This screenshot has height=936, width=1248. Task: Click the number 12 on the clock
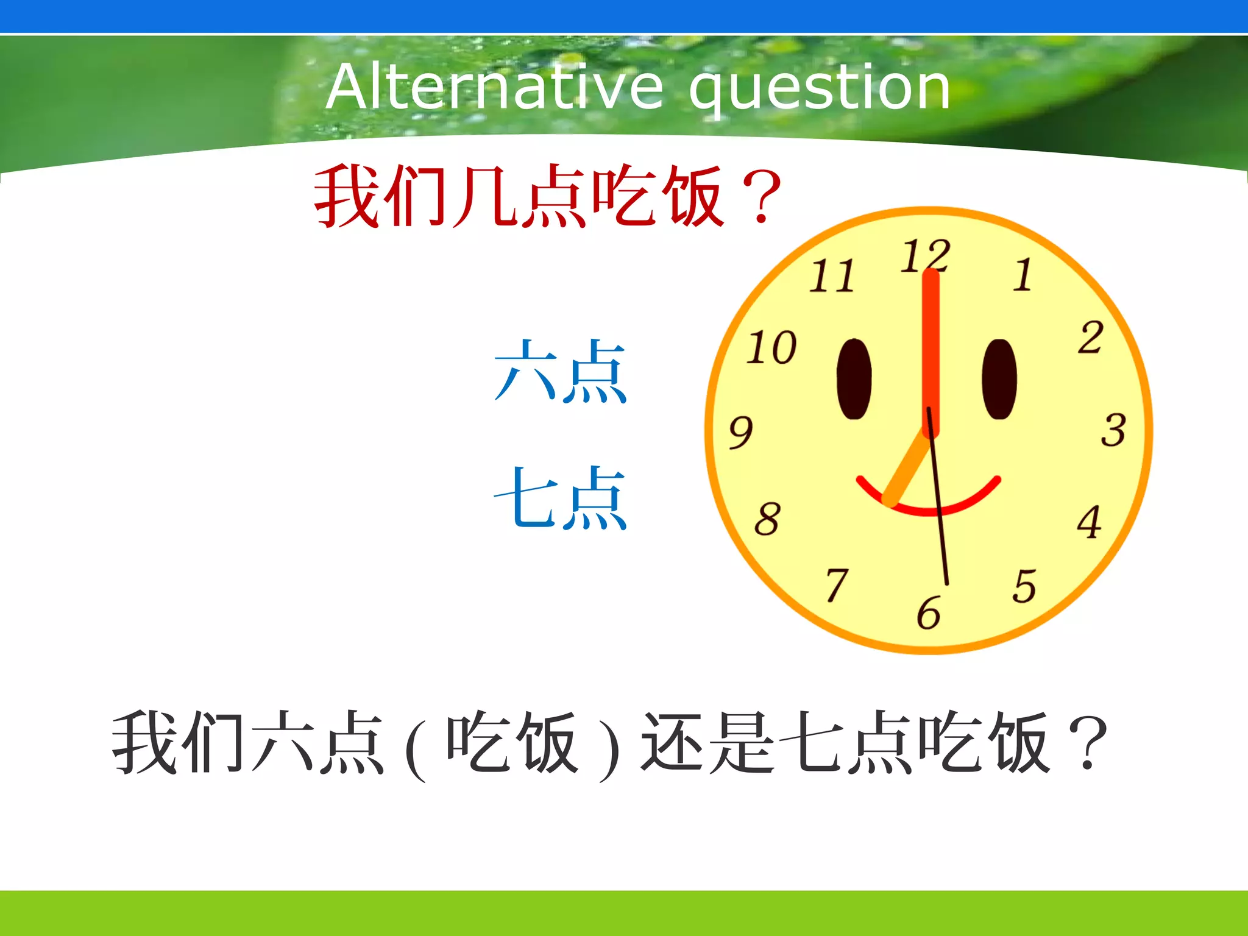click(x=924, y=255)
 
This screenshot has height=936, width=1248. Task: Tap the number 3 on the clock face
click(x=1113, y=430)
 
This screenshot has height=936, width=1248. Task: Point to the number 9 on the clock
click(x=741, y=432)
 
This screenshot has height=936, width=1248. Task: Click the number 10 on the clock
click(x=771, y=348)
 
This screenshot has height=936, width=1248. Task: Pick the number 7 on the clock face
click(x=837, y=584)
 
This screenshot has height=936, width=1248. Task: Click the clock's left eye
click(x=854, y=379)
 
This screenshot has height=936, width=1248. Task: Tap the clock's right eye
click(x=999, y=379)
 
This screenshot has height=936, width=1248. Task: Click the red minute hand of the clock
click(x=931, y=341)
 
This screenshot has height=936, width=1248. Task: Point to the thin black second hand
click(x=942, y=536)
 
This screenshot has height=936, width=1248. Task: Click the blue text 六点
click(x=560, y=371)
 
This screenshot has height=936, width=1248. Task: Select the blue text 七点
click(x=560, y=498)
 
